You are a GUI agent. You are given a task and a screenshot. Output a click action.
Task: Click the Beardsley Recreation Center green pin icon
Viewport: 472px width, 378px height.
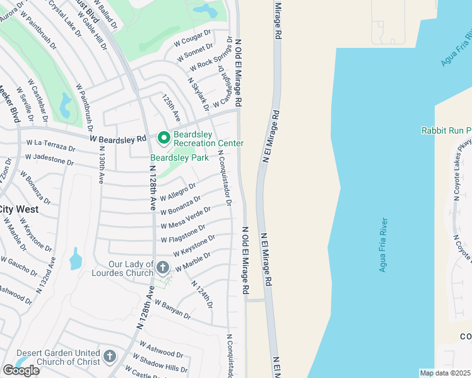[x=163, y=137]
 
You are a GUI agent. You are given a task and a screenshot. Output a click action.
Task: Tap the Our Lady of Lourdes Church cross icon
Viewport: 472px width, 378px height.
[x=163, y=268]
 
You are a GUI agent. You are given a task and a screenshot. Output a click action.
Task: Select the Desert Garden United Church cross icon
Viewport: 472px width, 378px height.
[x=109, y=357]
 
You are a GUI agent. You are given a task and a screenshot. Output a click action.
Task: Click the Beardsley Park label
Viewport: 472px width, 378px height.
[x=179, y=157]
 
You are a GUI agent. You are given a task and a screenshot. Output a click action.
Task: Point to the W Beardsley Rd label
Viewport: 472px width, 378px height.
[x=117, y=138]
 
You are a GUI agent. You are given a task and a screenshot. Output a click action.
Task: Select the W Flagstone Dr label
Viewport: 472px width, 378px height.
[x=182, y=234]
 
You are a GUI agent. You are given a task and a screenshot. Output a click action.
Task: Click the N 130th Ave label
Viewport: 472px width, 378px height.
[x=101, y=165]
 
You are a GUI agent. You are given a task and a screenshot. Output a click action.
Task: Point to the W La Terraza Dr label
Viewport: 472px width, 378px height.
[x=50, y=146]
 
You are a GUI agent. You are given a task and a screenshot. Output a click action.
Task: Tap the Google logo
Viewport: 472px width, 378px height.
[x=21, y=370]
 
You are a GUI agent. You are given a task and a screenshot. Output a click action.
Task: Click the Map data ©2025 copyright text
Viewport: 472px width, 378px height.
[x=445, y=373]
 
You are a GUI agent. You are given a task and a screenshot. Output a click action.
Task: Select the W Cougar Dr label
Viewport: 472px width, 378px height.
[x=192, y=39]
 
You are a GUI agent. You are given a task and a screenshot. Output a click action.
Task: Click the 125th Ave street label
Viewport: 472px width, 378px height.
[x=170, y=108]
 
